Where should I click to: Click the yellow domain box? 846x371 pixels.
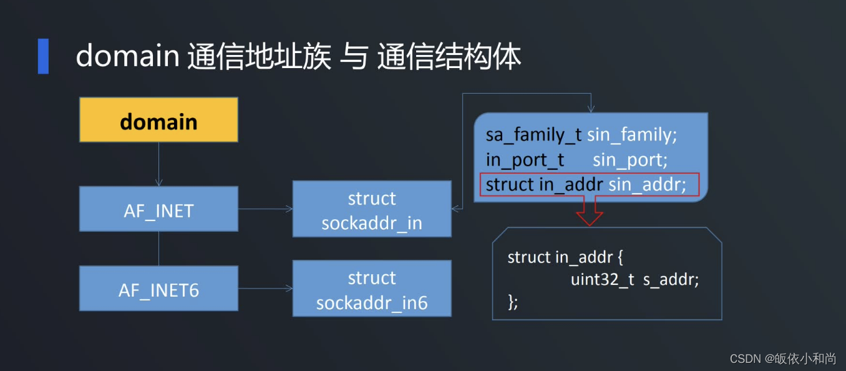click(158, 120)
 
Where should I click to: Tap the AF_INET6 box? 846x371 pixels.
click(158, 289)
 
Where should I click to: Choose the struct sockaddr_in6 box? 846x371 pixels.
click(372, 289)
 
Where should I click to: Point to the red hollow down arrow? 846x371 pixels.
click(589, 211)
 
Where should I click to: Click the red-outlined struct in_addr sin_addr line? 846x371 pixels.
click(588, 185)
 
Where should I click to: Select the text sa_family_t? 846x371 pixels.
click(533, 135)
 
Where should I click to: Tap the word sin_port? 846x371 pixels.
click(630, 160)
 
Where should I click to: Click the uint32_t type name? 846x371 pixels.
click(602, 280)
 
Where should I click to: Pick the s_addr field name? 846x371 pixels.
click(671, 280)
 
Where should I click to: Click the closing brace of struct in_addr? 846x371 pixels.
click(513, 302)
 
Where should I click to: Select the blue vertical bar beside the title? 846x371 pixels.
click(43, 56)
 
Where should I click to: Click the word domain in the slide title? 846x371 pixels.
click(127, 57)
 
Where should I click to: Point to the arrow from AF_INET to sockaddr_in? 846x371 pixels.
click(265, 209)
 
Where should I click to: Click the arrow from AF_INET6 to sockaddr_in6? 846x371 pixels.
click(265, 289)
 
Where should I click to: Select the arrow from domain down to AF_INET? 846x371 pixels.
click(158, 164)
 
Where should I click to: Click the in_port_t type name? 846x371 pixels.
click(525, 160)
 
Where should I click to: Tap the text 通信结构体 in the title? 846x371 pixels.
click(449, 57)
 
